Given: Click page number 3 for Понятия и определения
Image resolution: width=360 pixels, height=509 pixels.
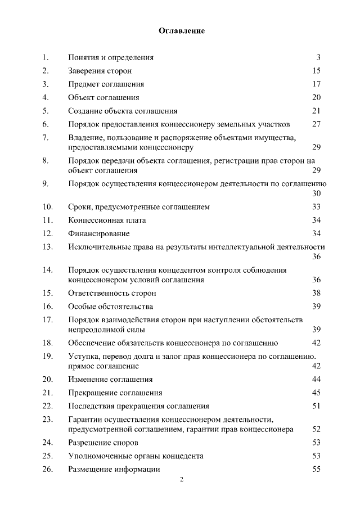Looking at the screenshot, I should pos(318,57).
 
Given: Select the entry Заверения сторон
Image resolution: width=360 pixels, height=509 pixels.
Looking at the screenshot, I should pos(100,71).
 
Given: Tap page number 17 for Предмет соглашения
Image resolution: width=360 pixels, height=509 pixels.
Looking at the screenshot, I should pos(316,84).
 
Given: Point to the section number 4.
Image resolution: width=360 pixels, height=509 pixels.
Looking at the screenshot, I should pos(46,97).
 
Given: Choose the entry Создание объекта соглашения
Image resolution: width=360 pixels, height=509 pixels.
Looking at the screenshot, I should pos(123,111).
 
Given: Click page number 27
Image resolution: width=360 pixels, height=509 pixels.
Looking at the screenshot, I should pos(316,124).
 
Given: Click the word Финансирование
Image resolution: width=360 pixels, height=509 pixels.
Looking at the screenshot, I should pos(98,233).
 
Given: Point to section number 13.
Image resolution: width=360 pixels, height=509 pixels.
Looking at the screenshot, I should pos(47,246).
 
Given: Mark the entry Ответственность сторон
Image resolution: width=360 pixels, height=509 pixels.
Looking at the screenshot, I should pos(112,293).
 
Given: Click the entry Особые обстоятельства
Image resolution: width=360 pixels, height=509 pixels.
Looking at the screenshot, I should pos(110,307).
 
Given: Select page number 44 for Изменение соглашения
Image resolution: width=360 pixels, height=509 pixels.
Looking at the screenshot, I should pos(316,379).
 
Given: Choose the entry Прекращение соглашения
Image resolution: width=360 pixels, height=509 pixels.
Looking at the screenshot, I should pos(115,393).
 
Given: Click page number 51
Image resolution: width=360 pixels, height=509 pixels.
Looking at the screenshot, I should pos(316,406).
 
